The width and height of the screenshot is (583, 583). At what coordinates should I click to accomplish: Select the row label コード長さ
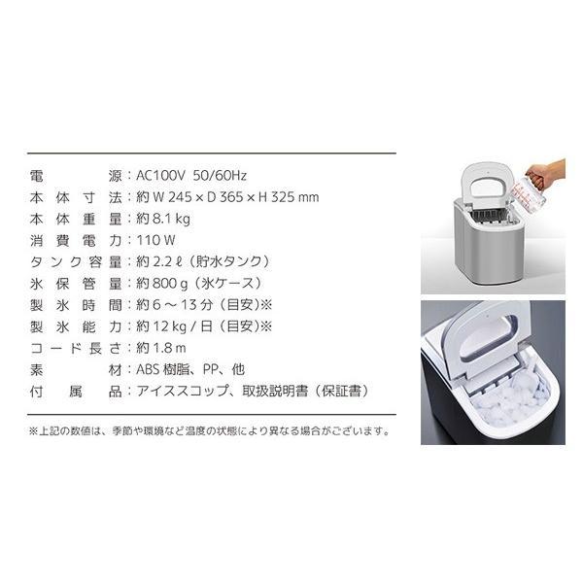tap(74, 348)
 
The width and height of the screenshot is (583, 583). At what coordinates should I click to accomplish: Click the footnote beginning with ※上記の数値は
tap(210, 430)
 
